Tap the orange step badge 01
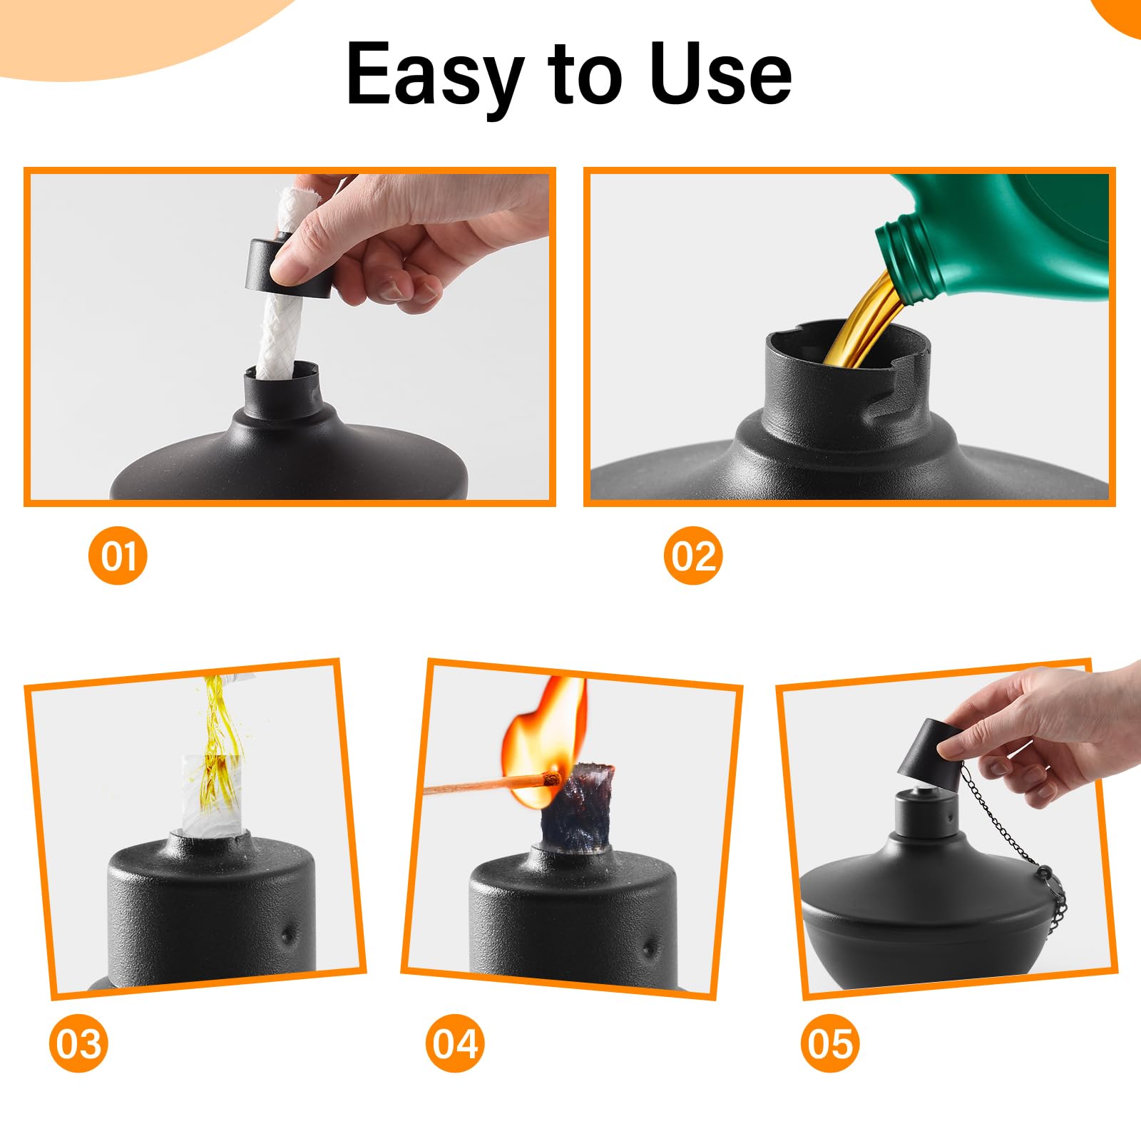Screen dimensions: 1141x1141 118,556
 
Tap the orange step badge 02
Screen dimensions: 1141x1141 692,556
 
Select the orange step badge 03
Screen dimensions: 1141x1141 78,1044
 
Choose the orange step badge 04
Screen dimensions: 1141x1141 454,1044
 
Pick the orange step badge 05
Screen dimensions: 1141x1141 830,1044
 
